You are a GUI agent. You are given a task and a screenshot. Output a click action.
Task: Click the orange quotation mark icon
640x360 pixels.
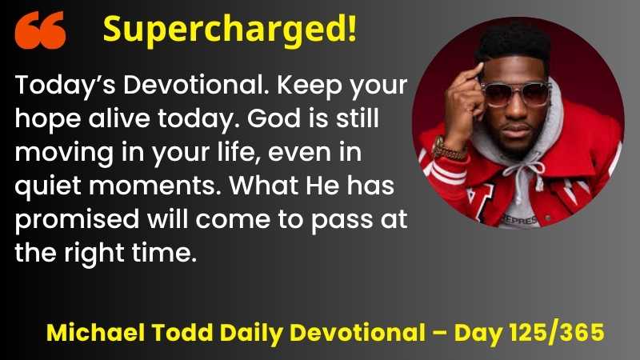(40, 30)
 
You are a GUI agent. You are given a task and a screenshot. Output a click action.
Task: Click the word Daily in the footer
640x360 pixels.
(251, 334)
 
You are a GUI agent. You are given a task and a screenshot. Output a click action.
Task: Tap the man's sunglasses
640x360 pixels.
(515, 94)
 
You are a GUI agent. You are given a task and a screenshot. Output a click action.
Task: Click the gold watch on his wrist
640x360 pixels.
(447, 150)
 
